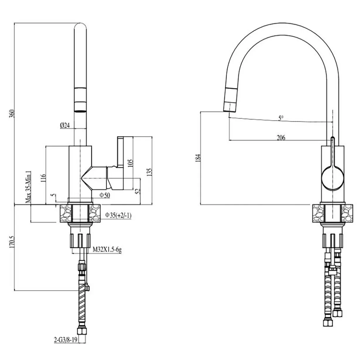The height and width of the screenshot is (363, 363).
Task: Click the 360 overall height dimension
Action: point(12,114)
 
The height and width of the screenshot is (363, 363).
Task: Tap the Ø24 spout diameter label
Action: point(65,126)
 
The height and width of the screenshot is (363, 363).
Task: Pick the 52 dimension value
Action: point(138,191)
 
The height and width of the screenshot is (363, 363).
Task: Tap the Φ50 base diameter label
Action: point(105,196)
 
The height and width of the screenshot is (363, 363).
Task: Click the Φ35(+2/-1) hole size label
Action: point(118,216)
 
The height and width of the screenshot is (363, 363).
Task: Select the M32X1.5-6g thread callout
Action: point(107,250)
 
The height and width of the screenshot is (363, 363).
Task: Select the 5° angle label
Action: point(281,118)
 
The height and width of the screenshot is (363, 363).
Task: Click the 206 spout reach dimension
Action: point(281,138)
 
